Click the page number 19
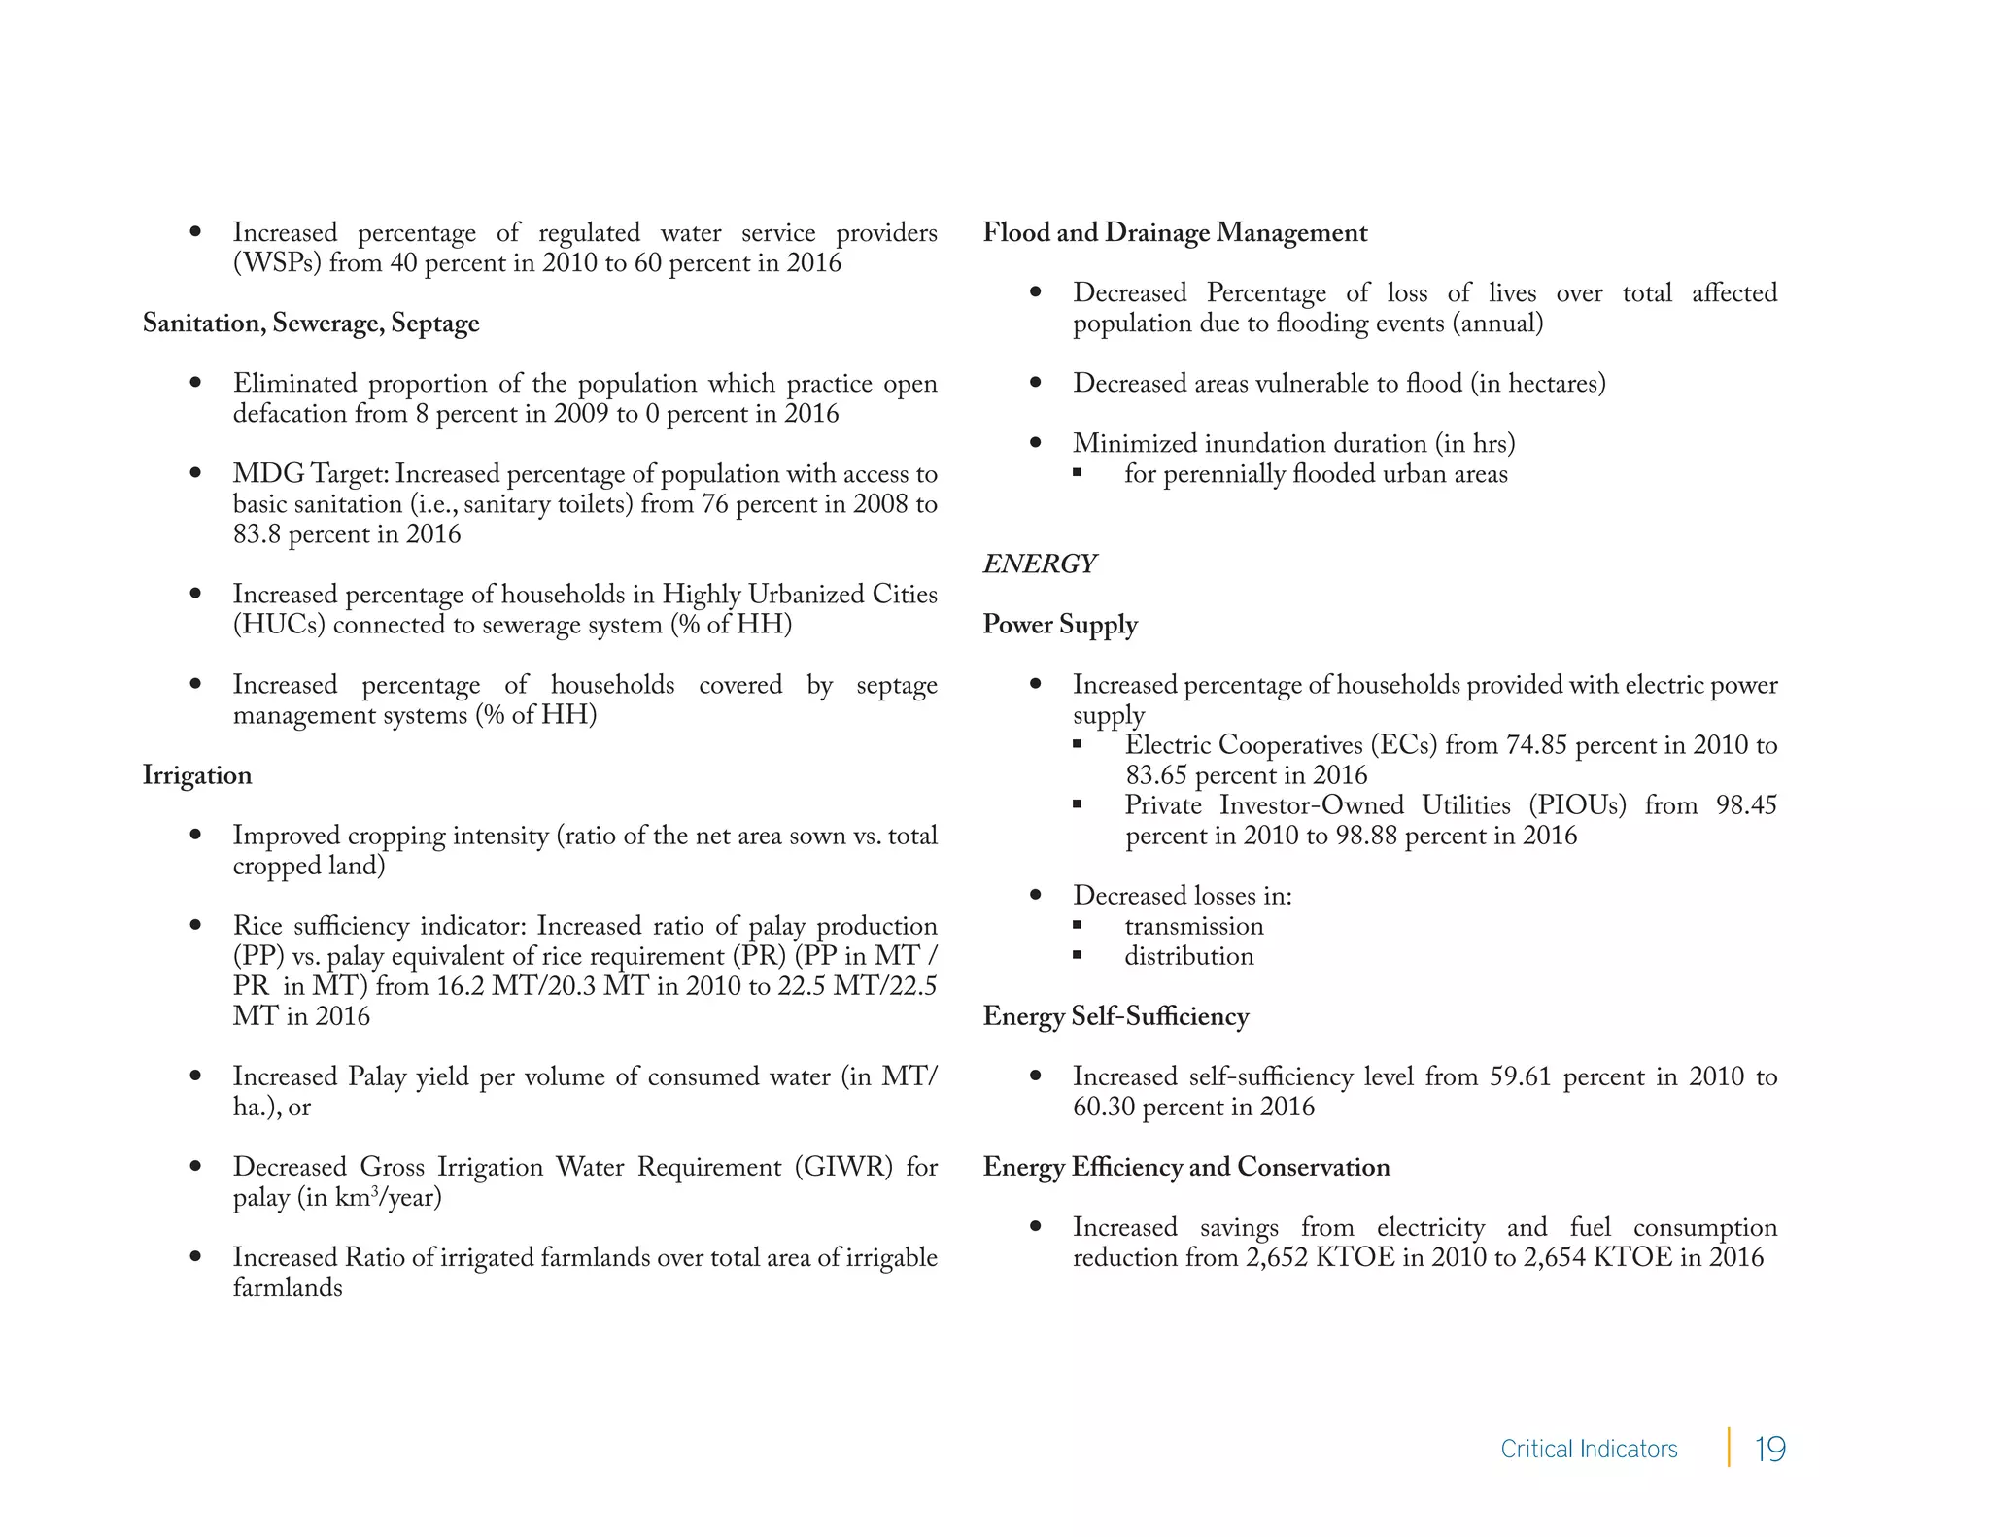(x=1769, y=1449)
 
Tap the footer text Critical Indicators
(x=1589, y=1449)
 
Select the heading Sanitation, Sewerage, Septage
(x=311, y=324)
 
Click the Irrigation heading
(x=197, y=775)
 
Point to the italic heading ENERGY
(x=1039, y=564)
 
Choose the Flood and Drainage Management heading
(x=1175, y=233)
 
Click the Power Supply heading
(x=1060, y=625)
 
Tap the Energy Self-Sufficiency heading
(x=1115, y=1016)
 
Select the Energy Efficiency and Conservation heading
(x=1186, y=1167)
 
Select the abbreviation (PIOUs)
(x=1577, y=805)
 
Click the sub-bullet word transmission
(x=1194, y=926)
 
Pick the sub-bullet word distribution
(x=1189, y=956)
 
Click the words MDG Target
(x=310, y=474)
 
